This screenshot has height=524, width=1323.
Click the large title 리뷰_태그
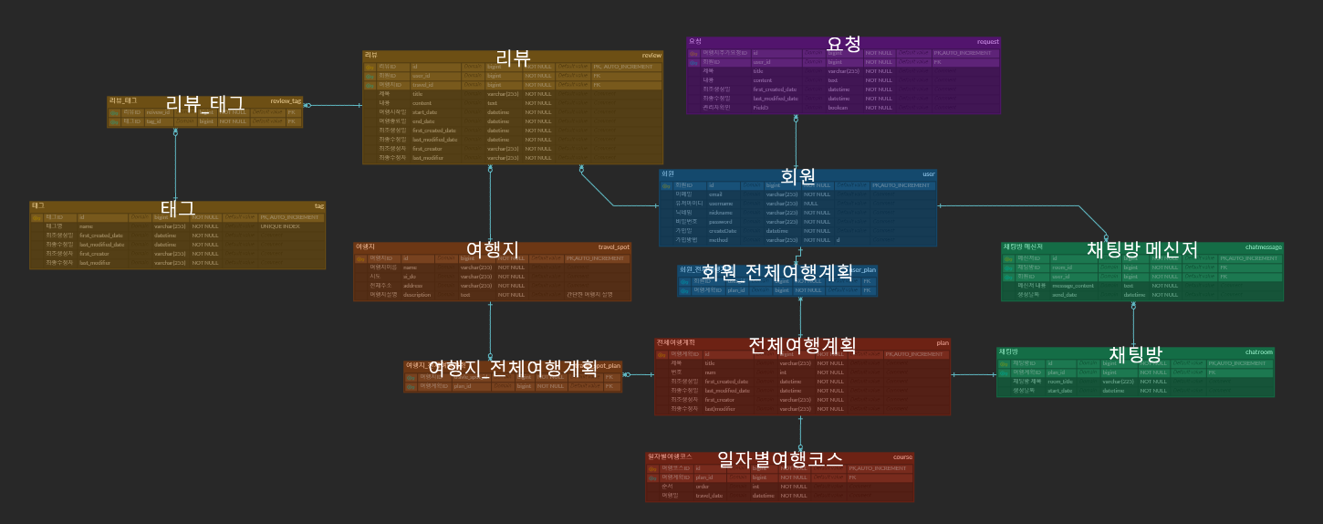point(204,103)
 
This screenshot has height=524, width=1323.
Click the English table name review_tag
point(286,100)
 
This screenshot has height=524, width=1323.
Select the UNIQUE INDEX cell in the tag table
point(279,226)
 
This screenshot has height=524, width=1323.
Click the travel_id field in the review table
point(423,85)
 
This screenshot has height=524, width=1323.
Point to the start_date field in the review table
point(423,112)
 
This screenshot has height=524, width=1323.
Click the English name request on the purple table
point(987,41)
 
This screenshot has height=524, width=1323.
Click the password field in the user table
point(720,222)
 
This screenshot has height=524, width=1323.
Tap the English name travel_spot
point(613,246)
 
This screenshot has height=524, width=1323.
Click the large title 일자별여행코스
point(779,458)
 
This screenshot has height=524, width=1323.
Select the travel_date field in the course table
point(709,496)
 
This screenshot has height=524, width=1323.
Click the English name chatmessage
point(1263,246)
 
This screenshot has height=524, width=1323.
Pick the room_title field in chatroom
point(1059,382)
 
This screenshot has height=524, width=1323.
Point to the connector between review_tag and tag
point(175,164)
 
